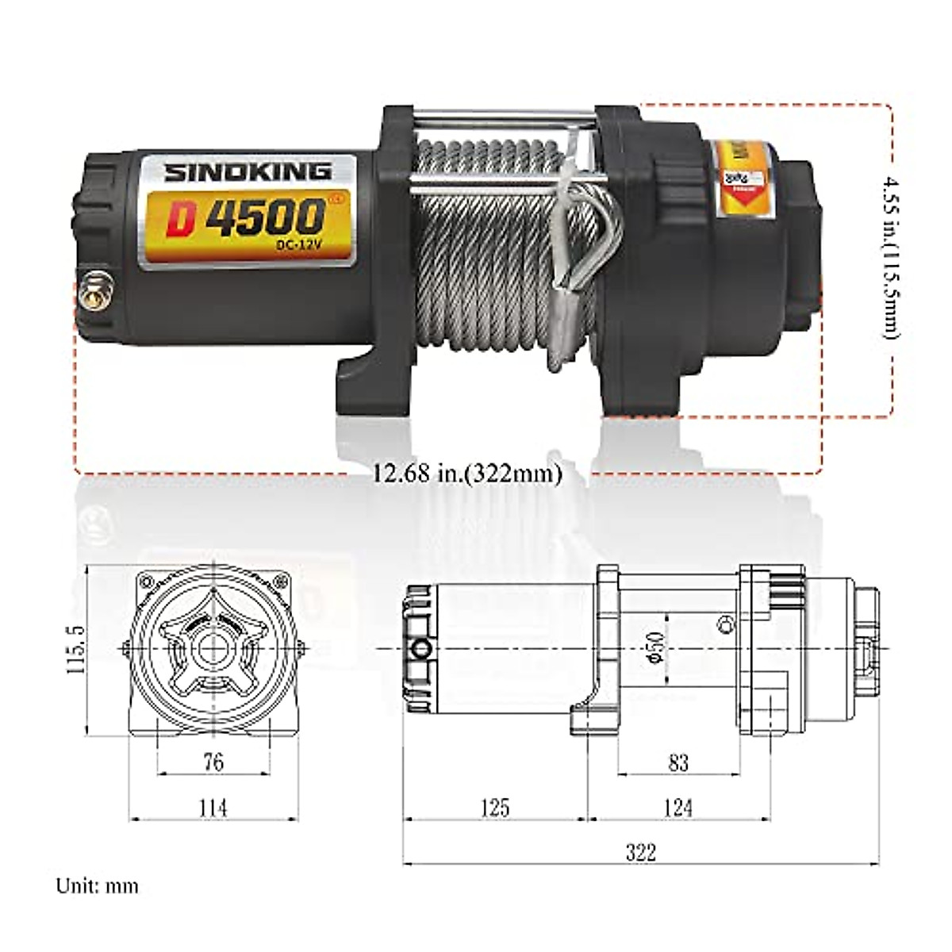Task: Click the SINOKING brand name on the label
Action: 248,171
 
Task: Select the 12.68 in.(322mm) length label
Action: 468,474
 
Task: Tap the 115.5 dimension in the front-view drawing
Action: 76,648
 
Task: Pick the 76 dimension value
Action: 213,762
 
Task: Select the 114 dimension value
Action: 213,808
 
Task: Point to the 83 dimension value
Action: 678,762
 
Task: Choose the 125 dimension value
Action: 495,808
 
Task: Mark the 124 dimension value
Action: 678,808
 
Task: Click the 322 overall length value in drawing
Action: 641,852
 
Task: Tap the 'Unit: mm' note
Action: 97,885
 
